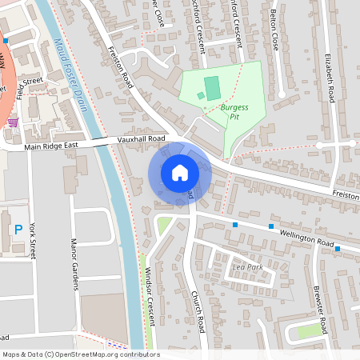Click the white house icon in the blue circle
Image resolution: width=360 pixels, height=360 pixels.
[x=180, y=172]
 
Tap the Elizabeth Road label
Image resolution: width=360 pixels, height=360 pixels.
[x=329, y=77]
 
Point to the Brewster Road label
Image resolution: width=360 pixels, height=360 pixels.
[x=318, y=310]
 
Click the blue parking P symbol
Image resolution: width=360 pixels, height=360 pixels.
[x=18, y=230]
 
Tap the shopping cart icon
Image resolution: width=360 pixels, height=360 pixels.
[x=14, y=122]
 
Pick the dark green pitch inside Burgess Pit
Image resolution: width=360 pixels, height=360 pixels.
[x=212, y=88]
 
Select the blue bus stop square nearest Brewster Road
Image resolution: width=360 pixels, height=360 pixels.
[x=338, y=249]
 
